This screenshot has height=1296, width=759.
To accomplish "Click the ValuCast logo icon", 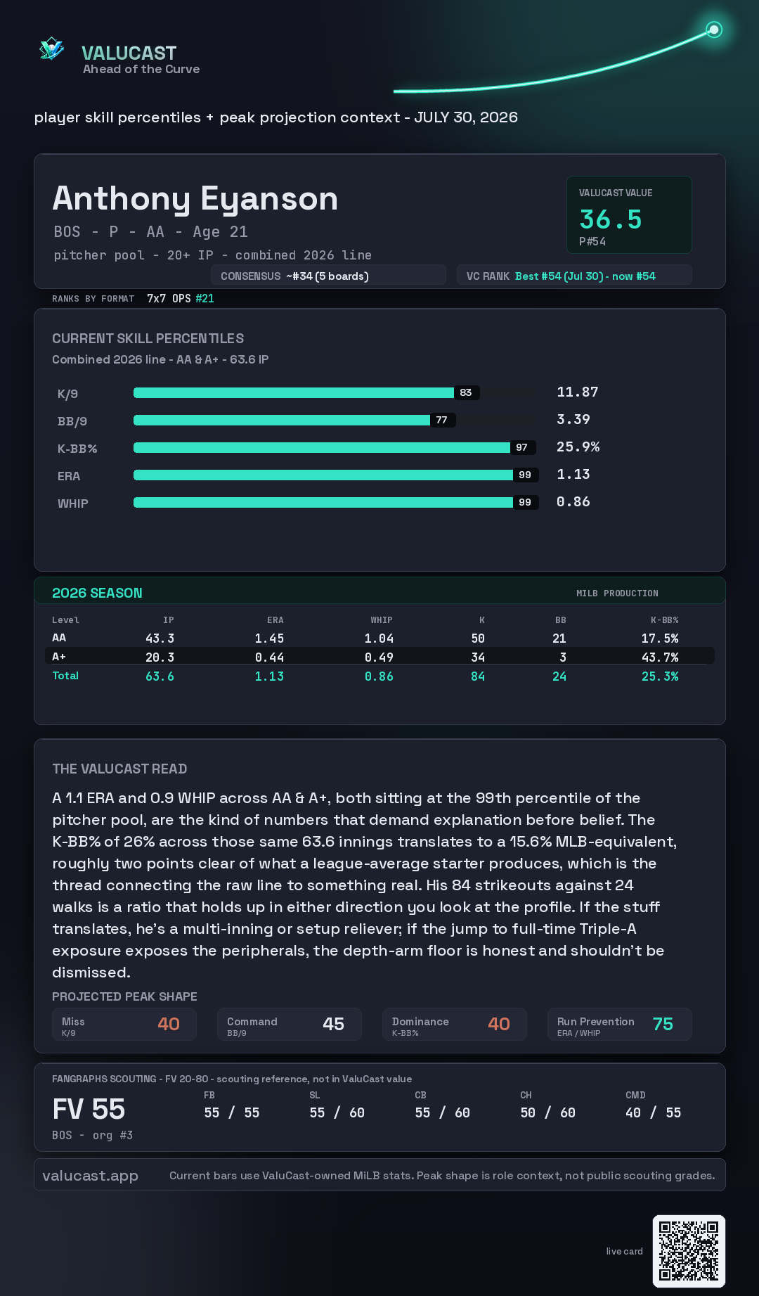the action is click(x=51, y=49).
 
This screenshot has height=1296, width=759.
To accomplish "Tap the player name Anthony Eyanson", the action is click(x=195, y=199).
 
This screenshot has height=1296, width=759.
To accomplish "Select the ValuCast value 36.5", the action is click(x=611, y=219).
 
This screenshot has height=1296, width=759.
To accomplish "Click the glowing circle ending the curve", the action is click(x=714, y=30).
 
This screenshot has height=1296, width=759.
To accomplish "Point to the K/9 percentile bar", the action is click(x=294, y=392).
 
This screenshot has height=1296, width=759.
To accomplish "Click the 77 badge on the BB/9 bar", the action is click(x=441, y=420).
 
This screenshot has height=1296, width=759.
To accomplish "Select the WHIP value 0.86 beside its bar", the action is click(x=573, y=501).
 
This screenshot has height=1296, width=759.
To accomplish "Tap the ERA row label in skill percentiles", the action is click(x=69, y=476).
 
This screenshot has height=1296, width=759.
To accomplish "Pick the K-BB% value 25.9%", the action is click(x=578, y=447).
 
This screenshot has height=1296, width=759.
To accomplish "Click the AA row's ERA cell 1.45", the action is click(x=269, y=639).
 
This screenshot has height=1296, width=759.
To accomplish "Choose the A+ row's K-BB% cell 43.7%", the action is click(x=660, y=657).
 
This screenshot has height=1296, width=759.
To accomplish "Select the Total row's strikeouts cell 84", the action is click(x=478, y=676).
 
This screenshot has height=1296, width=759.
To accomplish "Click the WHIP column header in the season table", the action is click(x=382, y=620).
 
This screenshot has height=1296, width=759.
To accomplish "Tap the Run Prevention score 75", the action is click(x=663, y=1024).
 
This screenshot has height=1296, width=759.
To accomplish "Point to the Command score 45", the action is click(x=333, y=1024).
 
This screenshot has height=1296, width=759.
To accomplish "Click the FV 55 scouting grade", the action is click(x=89, y=1110).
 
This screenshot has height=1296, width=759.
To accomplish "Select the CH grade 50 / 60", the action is click(x=547, y=1112).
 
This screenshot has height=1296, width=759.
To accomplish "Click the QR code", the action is click(x=689, y=1251).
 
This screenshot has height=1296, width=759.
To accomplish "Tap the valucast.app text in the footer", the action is click(x=90, y=1176).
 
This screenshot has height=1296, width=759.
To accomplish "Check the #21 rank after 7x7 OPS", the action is click(x=205, y=298).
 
